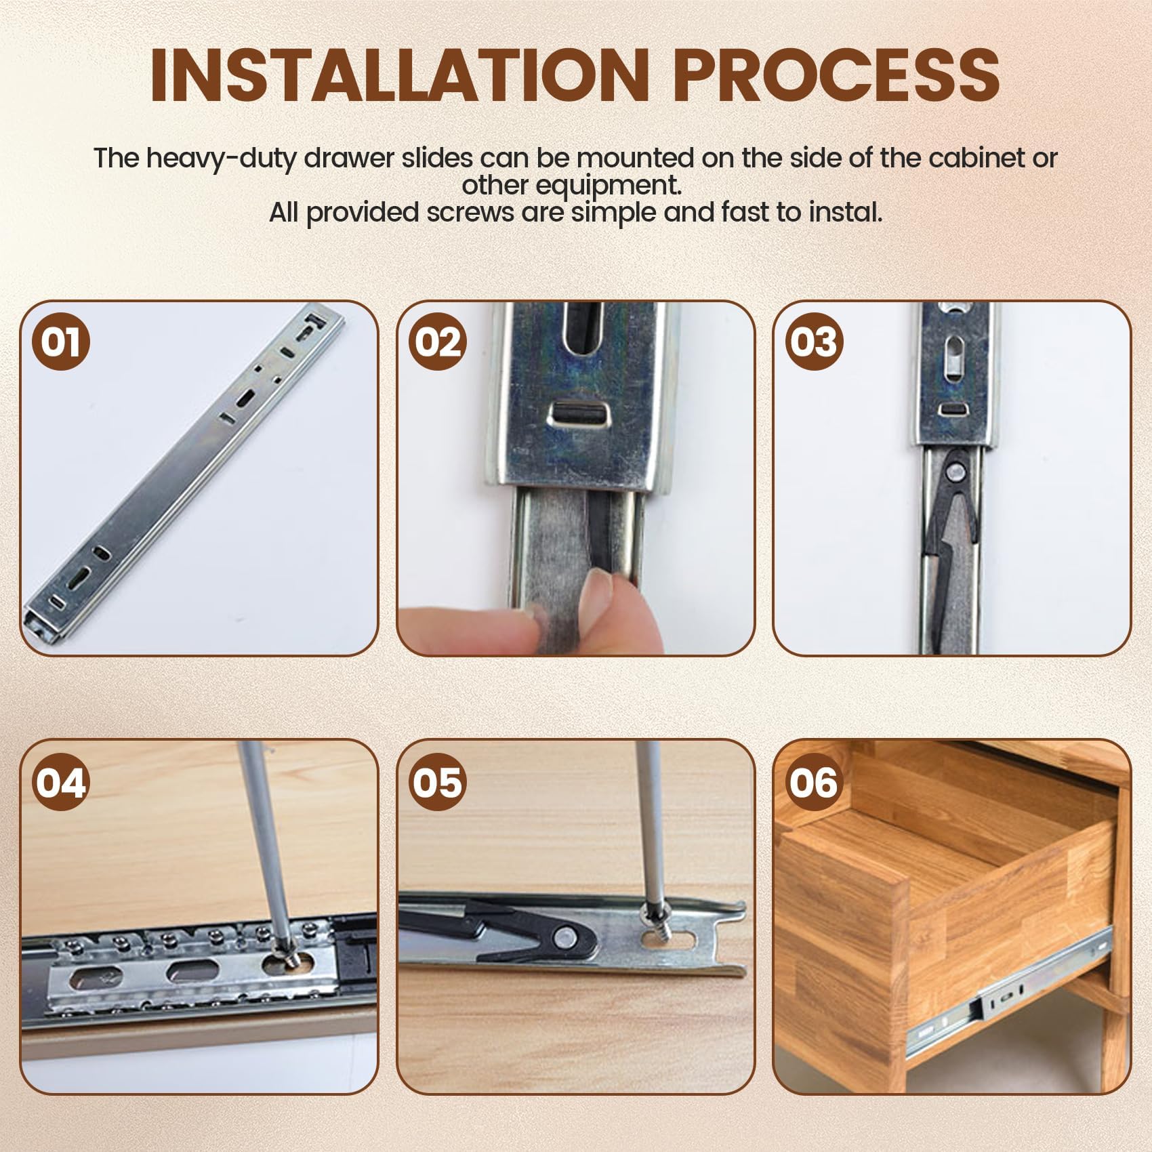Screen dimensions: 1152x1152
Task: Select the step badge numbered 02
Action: tap(437, 341)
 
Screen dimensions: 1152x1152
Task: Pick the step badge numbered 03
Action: tap(814, 341)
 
